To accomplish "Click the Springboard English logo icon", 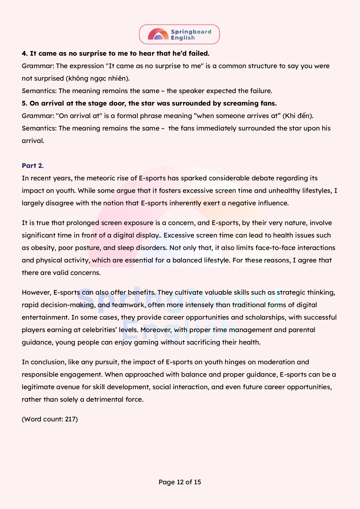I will (158, 34).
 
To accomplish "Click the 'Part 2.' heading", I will (32, 166).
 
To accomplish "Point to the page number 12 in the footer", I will (180, 482).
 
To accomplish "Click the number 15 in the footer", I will (197, 482).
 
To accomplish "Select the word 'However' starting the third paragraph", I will (36, 292).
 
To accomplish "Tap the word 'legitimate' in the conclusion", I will (38, 387).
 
